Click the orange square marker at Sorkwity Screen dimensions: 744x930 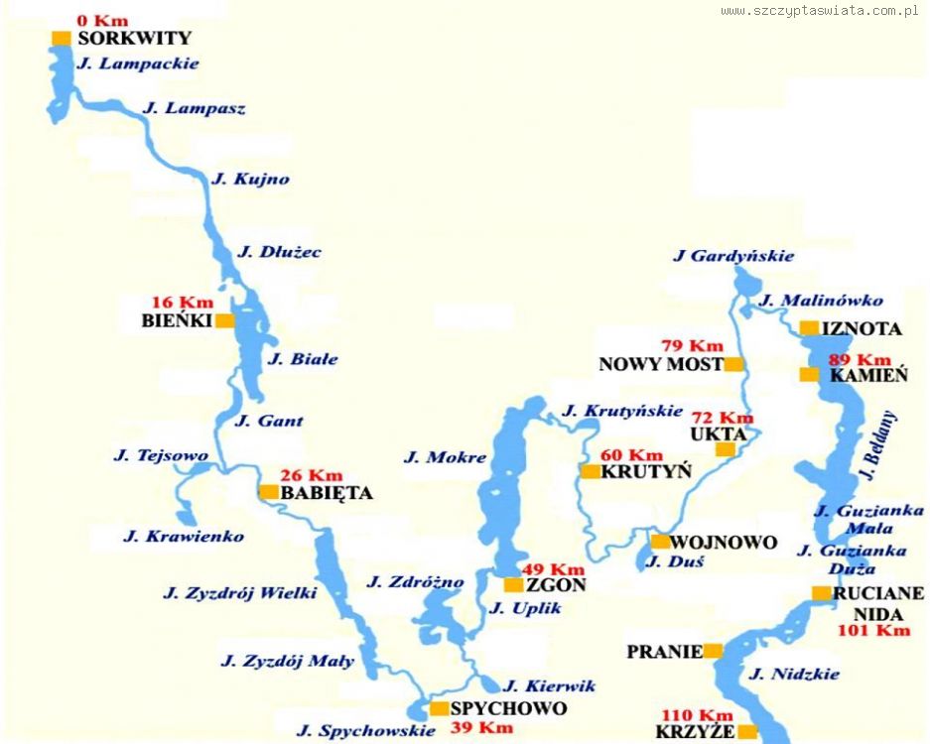click(62, 39)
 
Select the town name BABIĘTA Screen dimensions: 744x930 click(327, 492)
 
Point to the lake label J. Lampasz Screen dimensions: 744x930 click(195, 108)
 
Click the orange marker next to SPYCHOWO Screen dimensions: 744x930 click(439, 708)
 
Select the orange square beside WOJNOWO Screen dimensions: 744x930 click(660, 542)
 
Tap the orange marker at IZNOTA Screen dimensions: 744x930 click(809, 328)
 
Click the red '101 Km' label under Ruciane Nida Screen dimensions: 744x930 click(873, 630)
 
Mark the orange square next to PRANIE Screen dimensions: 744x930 click(713, 652)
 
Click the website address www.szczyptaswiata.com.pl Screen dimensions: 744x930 click(820, 11)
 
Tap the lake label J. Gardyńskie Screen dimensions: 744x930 click(733, 256)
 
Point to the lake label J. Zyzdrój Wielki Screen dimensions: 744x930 click(240, 593)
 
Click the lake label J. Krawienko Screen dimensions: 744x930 click(184, 537)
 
